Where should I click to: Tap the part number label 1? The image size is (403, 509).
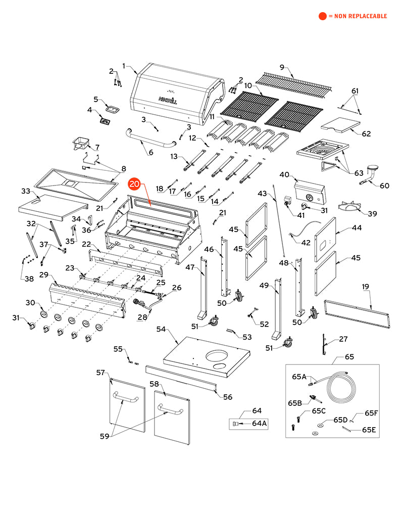(x=124, y=66)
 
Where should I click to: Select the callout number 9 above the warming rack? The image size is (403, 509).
(x=282, y=67)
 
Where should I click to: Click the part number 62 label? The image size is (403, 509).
(x=366, y=134)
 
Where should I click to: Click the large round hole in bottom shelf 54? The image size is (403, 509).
(x=222, y=354)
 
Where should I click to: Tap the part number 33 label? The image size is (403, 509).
(x=26, y=191)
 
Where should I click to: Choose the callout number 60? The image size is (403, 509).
(x=384, y=186)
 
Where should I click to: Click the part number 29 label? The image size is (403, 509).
(x=44, y=274)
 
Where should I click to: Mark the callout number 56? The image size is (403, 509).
(x=228, y=397)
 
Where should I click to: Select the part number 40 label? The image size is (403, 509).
(x=284, y=175)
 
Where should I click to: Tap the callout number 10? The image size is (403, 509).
(x=248, y=86)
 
